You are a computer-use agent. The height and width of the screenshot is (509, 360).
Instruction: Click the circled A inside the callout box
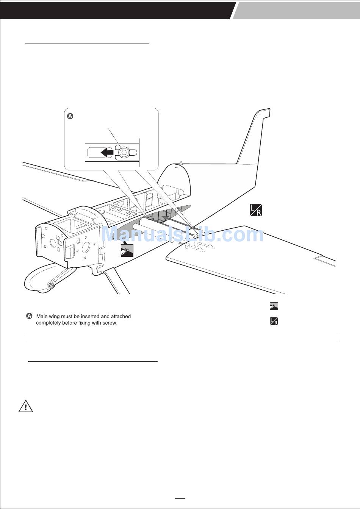tap(70, 116)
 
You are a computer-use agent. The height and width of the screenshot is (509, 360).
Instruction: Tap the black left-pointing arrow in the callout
tap(107, 152)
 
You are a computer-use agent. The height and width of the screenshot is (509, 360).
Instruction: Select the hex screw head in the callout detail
tap(124, 153)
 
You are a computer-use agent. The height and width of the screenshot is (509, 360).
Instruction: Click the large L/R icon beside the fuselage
tap(256, 210)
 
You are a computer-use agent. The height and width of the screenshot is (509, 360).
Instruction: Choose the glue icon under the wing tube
tap(127, 251)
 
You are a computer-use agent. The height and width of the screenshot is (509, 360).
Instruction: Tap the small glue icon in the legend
tap(274, 306)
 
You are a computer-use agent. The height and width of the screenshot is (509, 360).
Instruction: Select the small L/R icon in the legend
tap(274, 322)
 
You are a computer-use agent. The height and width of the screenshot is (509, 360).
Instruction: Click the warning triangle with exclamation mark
tap(25, 406)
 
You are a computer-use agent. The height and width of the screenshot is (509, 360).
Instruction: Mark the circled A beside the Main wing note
tap(29, 316)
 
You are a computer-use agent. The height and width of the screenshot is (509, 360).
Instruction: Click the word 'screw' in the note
tap(110, 323)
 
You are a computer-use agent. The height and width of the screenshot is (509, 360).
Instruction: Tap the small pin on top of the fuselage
tap(182, 163)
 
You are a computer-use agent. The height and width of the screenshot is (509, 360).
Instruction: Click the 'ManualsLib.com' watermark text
tap(182, 234)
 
